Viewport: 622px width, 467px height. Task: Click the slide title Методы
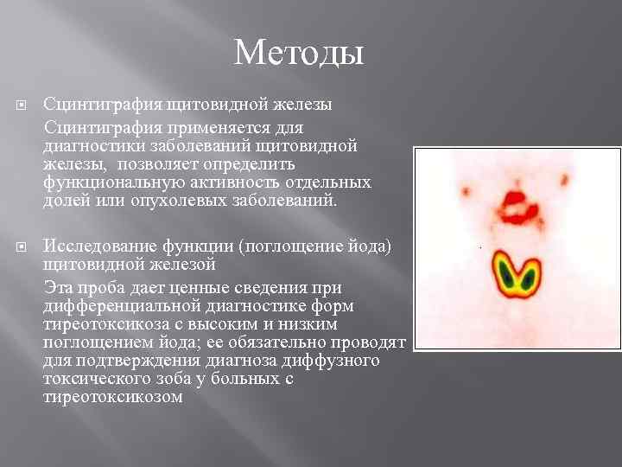click(299, 54)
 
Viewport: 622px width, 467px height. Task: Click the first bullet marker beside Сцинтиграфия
click(22, 106)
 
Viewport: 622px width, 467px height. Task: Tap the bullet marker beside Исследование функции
click(22, 247)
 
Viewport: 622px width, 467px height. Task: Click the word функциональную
click(106, 182)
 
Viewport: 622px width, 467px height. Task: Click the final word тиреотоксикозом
click(112, 397)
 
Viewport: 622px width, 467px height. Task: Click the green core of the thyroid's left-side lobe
click(504, 276)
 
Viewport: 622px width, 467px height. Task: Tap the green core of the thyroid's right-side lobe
click(529, 276)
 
